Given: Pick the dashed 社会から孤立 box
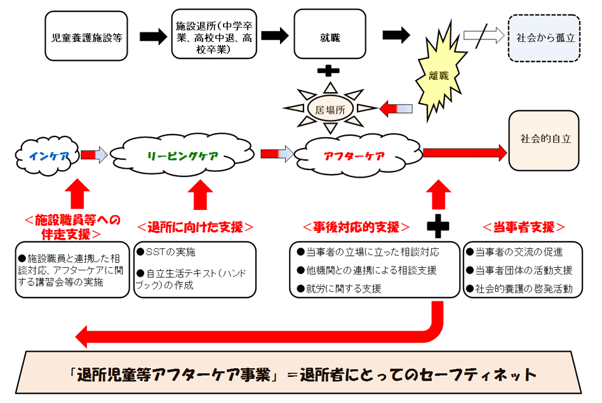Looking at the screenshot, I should [544, 37].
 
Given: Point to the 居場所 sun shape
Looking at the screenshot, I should [330, 109].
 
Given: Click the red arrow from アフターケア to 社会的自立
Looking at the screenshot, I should [464, 152].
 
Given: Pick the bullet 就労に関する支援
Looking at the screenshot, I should [340, 289].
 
